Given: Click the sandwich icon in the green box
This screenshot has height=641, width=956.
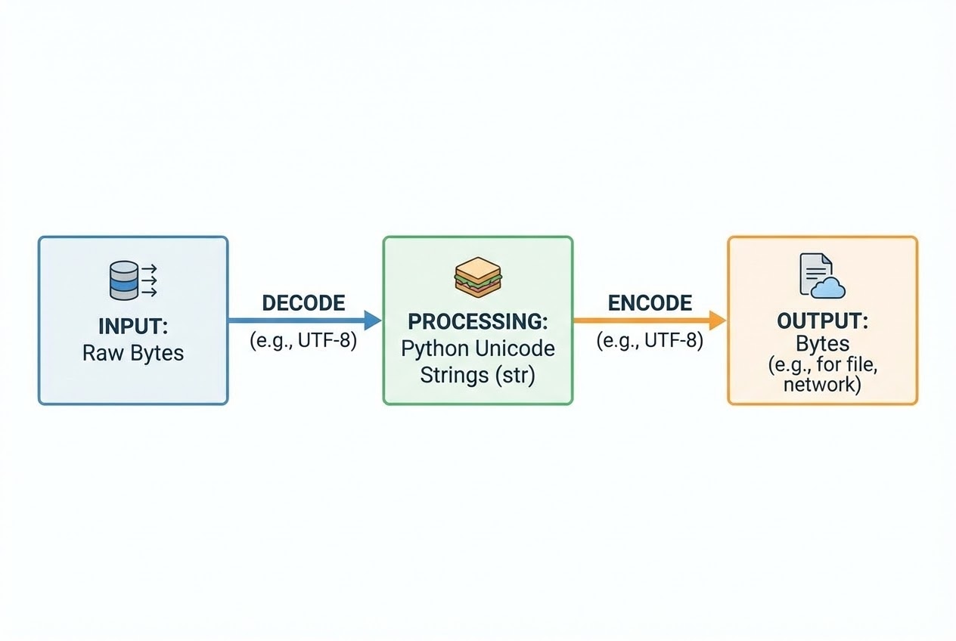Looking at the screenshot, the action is point(478,277).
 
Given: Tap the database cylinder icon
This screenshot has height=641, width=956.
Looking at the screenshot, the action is point(123,280).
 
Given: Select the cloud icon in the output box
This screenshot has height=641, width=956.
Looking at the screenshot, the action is point(827,287).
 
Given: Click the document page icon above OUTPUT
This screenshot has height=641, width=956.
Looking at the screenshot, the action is point(815,274).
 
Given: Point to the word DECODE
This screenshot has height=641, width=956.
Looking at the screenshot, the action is point(303,303).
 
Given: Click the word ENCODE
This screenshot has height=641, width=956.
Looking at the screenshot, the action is point(650,303).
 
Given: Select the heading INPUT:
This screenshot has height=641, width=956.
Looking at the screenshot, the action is point(133,327).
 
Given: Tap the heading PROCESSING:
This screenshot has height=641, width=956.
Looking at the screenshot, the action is point(477,321).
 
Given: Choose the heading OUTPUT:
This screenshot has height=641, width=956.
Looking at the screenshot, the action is point(822,321).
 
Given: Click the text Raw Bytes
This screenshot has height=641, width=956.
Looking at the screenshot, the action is point(133,353).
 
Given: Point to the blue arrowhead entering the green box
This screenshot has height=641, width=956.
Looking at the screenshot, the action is point(373,320).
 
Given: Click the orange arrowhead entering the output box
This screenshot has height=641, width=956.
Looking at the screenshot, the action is point(718,320).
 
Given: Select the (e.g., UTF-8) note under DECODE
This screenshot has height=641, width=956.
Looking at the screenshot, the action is point(303,341).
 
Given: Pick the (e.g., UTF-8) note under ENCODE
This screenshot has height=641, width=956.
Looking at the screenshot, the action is point(650,341).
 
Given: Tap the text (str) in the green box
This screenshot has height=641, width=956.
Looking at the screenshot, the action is point(516,376).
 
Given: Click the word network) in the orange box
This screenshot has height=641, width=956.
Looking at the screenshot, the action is point(822,384).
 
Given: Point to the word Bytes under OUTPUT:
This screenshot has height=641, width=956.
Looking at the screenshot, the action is point(822,345).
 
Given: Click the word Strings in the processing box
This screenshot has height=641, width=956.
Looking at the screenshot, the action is point(455,376).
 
